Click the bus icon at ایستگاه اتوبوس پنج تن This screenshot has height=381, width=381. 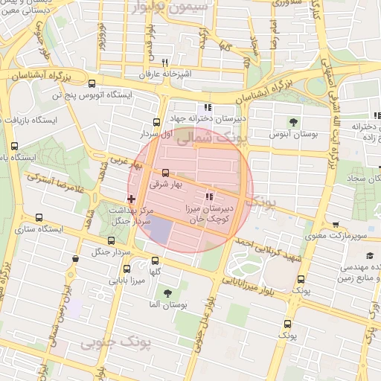pyautogui.click(x=92, y=84)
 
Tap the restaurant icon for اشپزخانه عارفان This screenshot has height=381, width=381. pyautogui.click(x=164, y=63)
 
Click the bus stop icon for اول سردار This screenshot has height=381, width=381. pyautogui.click(x=156, y=123)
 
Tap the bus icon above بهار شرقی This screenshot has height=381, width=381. pyautogui.click(x=165, y=173)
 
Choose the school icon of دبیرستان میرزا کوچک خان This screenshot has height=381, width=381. pyautogui.click(x=210, y=197)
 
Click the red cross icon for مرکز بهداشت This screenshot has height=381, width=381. pyautogui.click(x=132, y=199)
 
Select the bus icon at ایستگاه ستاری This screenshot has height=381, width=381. pyautogui.click(x=39, y=218)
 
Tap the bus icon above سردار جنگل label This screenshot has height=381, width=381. pyautogui.click(x=111, y=240)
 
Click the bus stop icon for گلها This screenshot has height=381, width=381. pyautogui.click(x=155, y=260)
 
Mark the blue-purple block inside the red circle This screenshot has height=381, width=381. pyautogui.click(x=161, y=231)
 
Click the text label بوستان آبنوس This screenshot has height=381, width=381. pyautogui.click(x=296, y=135)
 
